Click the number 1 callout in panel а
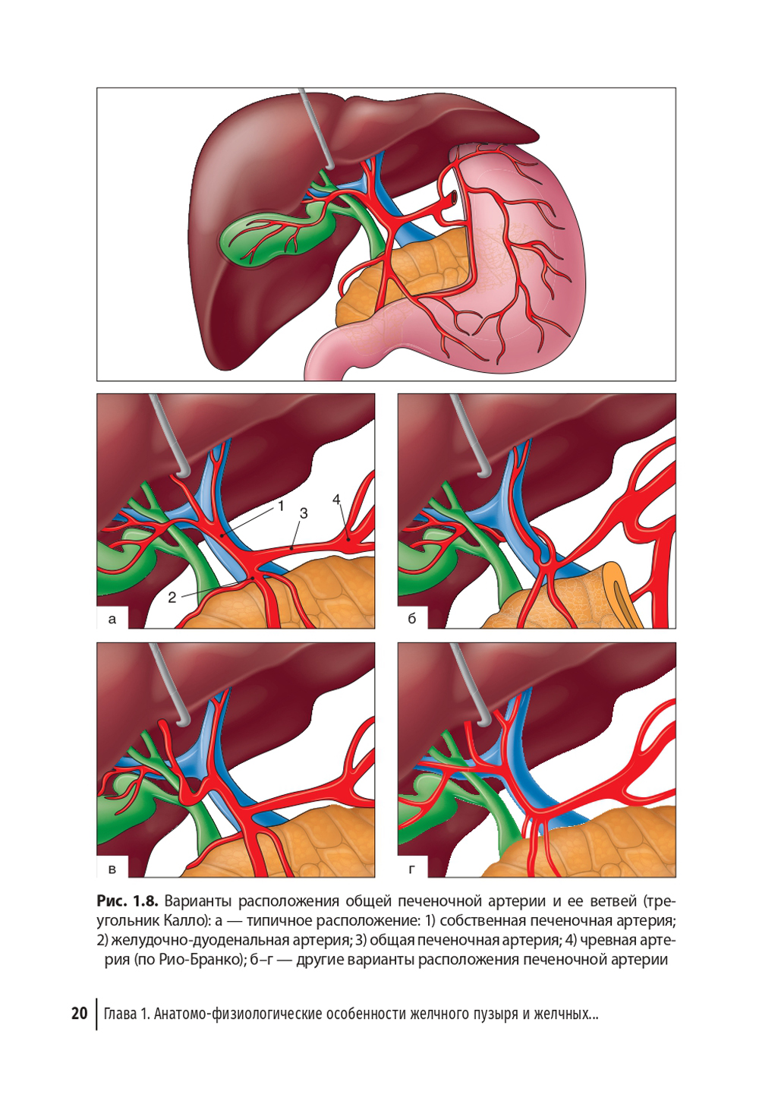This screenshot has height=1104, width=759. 281,506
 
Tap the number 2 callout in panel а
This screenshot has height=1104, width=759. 172,598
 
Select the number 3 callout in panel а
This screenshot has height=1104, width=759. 304,513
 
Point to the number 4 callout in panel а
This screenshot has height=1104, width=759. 336,500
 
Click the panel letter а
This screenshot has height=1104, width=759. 112,620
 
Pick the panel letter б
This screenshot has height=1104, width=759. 412,619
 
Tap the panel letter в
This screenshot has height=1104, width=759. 112,869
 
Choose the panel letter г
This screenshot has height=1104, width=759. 412,869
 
